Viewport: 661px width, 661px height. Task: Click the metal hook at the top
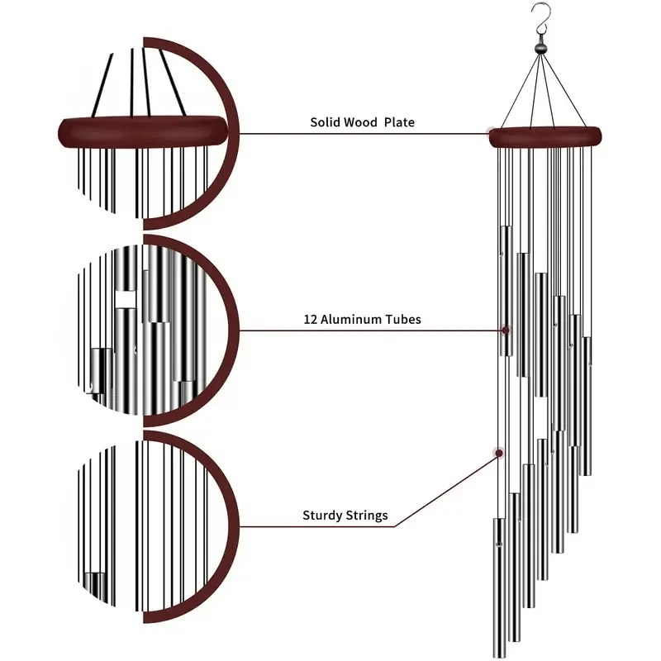(542, 15)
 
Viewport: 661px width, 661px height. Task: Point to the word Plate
(400, 122)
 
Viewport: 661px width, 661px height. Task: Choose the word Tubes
(404, 320)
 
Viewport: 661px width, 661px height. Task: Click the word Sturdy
(322, 516)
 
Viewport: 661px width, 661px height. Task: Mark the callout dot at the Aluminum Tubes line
(504, 330)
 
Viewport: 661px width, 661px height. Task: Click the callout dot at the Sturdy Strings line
(498, 452)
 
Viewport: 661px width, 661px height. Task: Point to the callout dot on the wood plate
(493, 132)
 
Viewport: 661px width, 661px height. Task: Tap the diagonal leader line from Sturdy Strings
(446, 488)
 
